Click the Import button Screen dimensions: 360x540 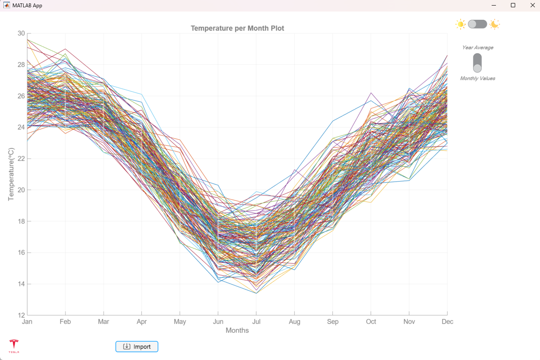click(137, 346)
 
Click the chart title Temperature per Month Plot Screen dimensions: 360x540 click(237, 28)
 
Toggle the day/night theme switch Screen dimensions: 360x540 click(477, 24)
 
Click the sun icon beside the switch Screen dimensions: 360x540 click(460, 24)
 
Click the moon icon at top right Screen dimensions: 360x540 click(494, 24)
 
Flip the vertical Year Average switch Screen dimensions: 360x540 click(477, 63)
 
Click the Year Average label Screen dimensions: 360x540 click(478, 48)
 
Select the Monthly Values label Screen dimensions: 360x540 click(478, 78)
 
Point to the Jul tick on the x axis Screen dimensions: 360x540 click(256, 321)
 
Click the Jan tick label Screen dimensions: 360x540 click(27, 321)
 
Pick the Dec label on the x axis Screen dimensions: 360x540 click(447, 321)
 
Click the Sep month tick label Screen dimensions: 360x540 click(332, 321)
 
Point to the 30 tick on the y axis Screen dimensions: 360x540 click(21, 33)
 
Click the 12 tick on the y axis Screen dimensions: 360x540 click(21, 315)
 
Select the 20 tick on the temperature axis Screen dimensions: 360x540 click(21, 190)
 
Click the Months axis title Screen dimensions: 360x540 click(237, 330)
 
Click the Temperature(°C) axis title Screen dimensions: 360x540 click(12, 174)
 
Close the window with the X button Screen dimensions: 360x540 click(532, 6)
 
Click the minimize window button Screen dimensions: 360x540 click(494, 6)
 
